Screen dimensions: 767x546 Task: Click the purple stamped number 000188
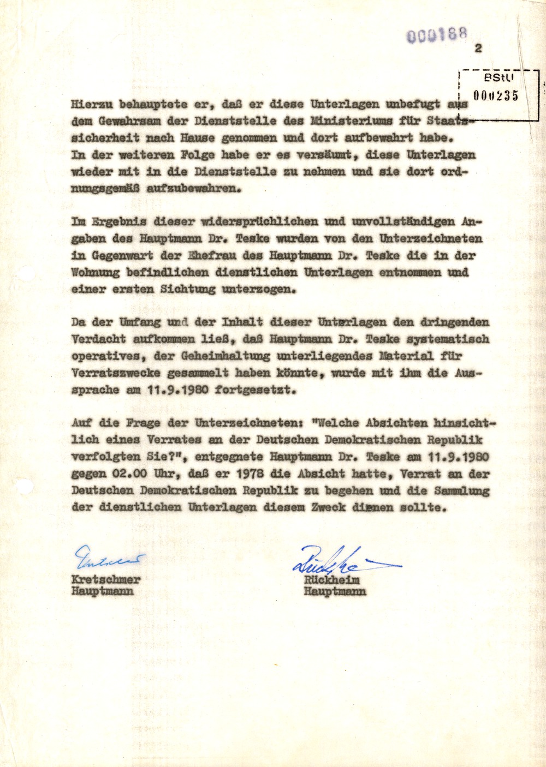coord(437,35)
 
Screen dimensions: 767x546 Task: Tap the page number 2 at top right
coord(479,49)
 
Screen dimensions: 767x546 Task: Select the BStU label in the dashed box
coord(499,78)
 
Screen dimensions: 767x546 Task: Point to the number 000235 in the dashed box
coord(496,96)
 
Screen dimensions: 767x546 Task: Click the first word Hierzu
coord(91,104)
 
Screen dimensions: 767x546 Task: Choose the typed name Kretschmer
coord(106,579)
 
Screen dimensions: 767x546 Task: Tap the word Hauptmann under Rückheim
coord(335,591)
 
